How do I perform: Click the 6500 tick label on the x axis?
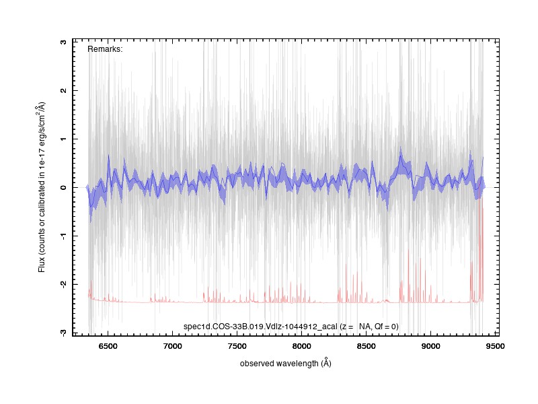click(x=108, y=346)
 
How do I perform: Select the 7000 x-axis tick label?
click(x=173, y=346)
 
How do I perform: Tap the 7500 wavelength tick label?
click(x=237, y=346)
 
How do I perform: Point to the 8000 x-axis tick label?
click(x=301, y=346)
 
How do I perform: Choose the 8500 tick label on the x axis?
click(x=366, y=346)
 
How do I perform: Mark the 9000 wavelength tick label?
click(x=430, y=346)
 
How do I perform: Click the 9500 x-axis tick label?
click(x=495, y=346)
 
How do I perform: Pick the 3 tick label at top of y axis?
click(x=63, y=42)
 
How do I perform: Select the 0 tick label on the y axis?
click(x=63, y=188)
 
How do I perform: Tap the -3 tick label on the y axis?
click(x=63, y=332)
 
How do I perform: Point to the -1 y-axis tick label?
click(x=63, y=236)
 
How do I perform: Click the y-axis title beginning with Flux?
click(x=41, y=187)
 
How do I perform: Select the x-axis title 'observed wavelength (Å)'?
click(x=285, y=363)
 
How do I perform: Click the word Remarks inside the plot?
click(x=104, y=49)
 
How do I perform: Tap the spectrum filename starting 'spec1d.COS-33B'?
click(x=260, y=327)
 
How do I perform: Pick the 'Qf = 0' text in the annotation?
click(x=385, y=327)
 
